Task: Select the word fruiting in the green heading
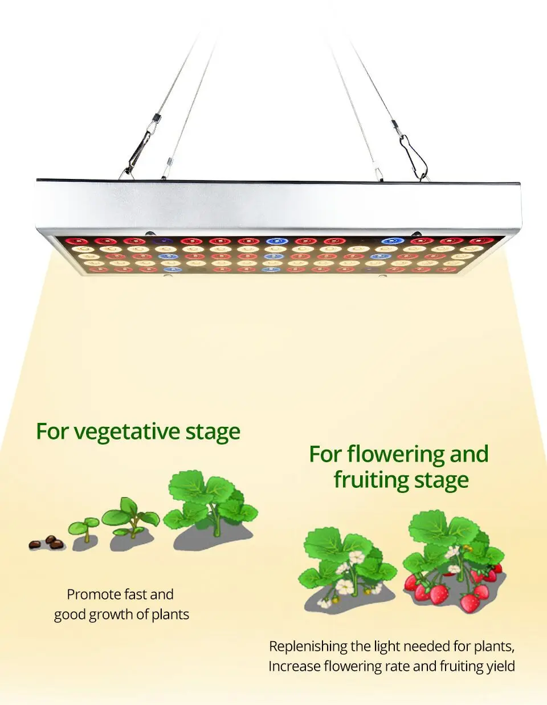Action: (x=370, y=480)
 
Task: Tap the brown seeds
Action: (x=47, y=543)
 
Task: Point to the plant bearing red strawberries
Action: (x=453, y=561)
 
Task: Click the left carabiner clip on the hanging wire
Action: (x=142, y=142)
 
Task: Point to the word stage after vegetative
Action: (x=213, y=432)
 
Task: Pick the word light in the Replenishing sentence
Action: (x=387, y=647)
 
